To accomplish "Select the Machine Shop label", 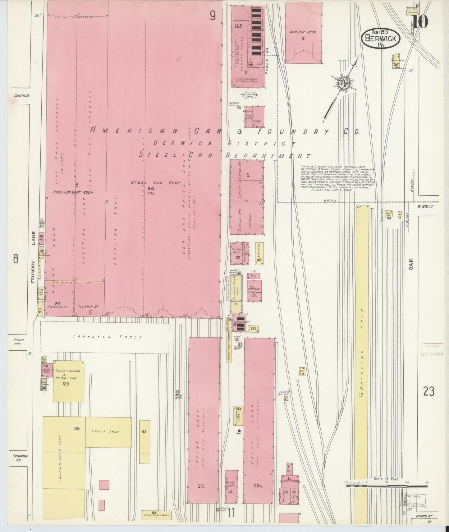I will (303, 32).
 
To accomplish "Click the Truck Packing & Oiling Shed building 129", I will (68, 381).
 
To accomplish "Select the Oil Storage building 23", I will (254, 291).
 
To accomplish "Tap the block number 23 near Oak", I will (428, 392).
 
